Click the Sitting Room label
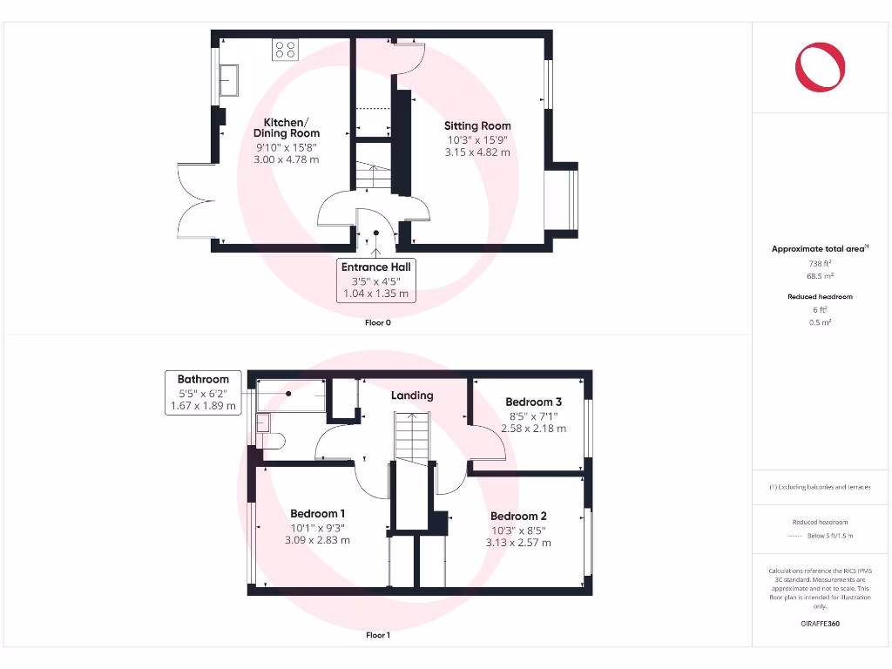tap(477, 125)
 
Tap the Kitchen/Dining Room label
tap(287, 128)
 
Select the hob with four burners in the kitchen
tap(286, 49)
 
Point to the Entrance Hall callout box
tap(376, 280)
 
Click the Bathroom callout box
tap(203, 393)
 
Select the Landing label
tap(412, 395)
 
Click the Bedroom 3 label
tap(534, 402)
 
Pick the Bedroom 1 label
tap(317, 513)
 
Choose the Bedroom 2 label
tap(518, 516)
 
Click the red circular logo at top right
tap(820, 67)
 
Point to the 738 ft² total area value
tap(820, 262)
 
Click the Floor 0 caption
tap(378, 322)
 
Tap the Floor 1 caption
tap(378, 635)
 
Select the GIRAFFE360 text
tap(820, 624)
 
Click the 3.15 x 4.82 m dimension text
tap(478, 152)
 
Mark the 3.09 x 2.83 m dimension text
tap(317, 540)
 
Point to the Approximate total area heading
tap(819, 249)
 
